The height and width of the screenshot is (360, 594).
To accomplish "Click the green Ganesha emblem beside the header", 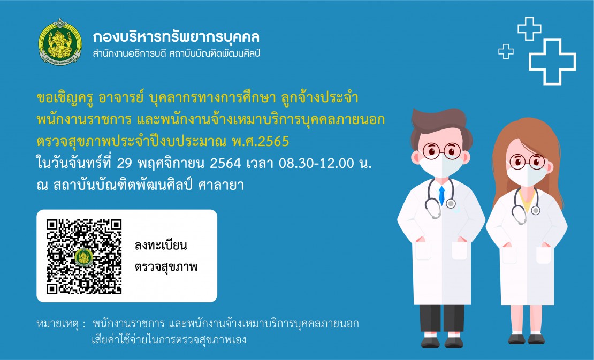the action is click(60, 42).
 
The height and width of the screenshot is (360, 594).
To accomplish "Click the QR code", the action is click(84, 256).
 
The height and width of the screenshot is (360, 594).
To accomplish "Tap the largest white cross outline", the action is click(552, 62).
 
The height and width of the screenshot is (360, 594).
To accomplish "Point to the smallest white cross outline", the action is click(506, 51).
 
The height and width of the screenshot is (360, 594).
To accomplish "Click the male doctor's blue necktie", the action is click(441, 195).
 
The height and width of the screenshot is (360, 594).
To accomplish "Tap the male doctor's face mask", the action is click(441, 166).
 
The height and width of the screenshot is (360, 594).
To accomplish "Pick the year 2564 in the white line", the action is click(225, 163).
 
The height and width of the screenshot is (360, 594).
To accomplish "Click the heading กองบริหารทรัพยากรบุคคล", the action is click(176, 37).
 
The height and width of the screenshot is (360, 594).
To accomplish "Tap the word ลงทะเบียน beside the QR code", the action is click(161, 246).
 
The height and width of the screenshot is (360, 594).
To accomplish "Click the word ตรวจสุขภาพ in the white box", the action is click(166, 267).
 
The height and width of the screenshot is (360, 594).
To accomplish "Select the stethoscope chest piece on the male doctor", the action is click(451, 204).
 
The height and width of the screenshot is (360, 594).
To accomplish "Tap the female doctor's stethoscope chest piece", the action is click(535, 210).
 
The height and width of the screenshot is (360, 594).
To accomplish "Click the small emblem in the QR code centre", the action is click(83, 257).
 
